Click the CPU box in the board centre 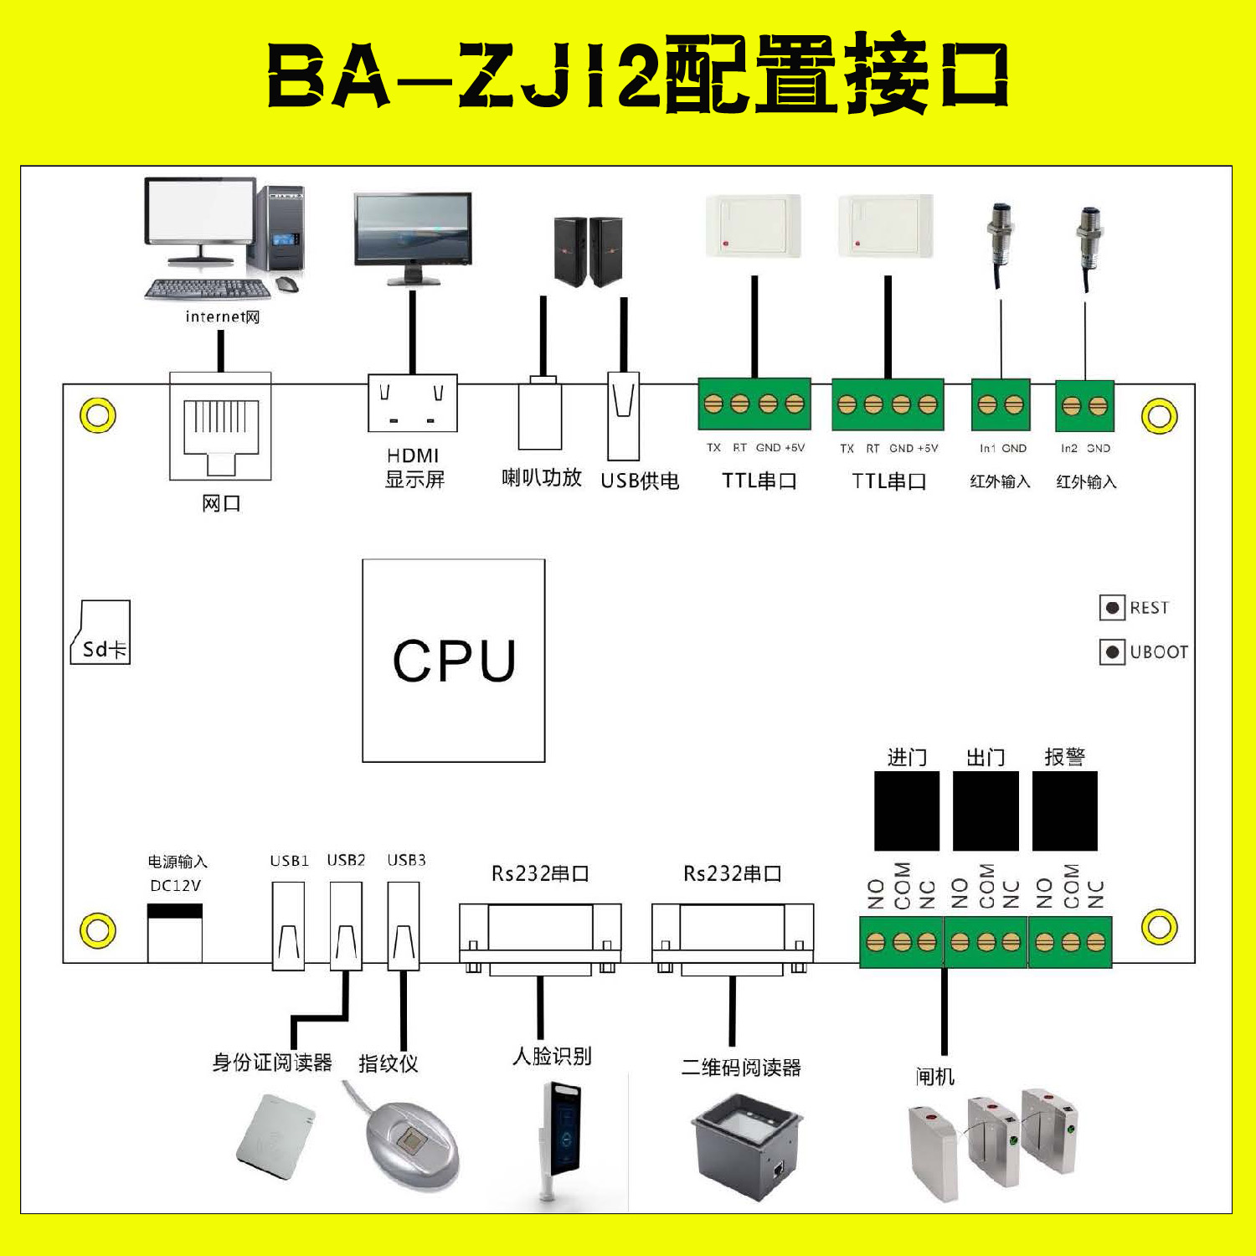tap(454, 661)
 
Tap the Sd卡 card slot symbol tap(101, 633)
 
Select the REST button tap(1112, 608)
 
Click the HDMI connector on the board tap(413, 403)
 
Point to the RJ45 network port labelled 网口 tap(220, 427)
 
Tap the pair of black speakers tap(589, 251)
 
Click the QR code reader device tap(747, 1146)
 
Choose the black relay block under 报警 tap(1064, 811)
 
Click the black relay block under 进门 tap(906, 811)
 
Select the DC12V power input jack tap(175, 933)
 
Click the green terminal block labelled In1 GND tap(1001, 406)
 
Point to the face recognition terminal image tap(560, 1139)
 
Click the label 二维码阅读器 tap(741, 1068)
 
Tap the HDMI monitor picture tap(413, 239)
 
